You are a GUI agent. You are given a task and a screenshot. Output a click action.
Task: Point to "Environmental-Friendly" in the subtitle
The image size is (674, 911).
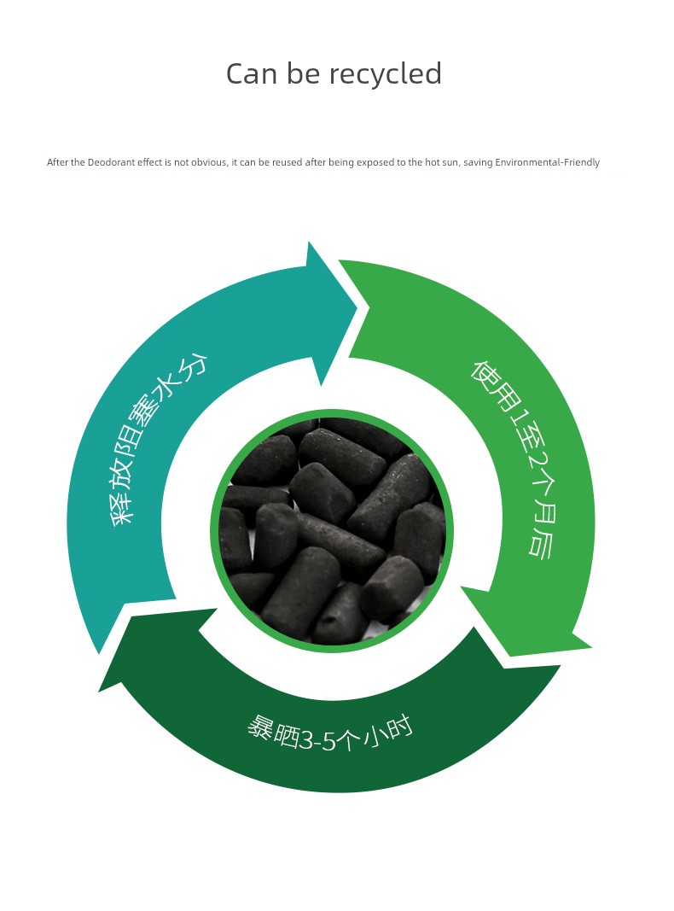tap(547, 162)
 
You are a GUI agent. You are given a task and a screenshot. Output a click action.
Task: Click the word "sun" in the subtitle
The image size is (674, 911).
tap(450, 163)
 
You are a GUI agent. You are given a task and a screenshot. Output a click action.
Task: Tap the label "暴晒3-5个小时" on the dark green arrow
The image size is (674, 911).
tap(329, 733)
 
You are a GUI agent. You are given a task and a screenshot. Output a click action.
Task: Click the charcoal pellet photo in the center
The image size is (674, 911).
tap(332, 531)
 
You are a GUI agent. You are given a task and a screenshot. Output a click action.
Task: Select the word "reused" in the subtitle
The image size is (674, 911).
tap(287, 162)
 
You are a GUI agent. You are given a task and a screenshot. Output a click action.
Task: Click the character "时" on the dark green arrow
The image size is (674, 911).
tap(399, 727)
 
